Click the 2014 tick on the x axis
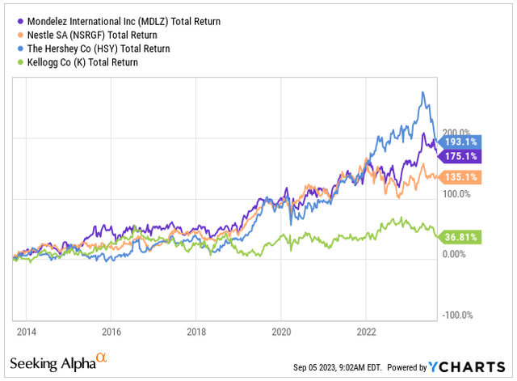26,331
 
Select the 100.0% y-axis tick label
458,194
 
